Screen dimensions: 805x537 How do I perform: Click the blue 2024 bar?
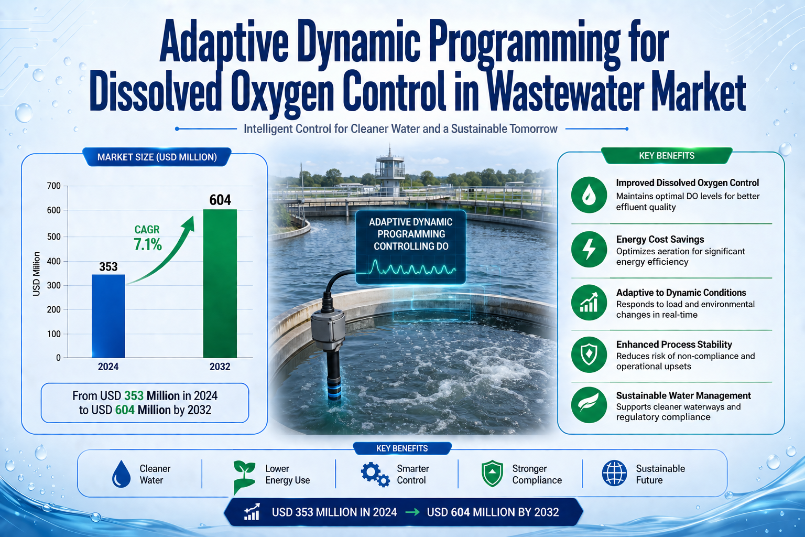pyautogui.click(x=108, y=316)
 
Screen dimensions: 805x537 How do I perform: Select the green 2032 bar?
pyautogui.click(x=220, y=283)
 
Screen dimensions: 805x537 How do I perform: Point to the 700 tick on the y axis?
pyautogui.click(x=54, y=186)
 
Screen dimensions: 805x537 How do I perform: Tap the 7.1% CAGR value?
pyautogui.click(x=148, y=244)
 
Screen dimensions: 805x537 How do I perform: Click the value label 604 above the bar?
pyautogui.click(x=220, y=200)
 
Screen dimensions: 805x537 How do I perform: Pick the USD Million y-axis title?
pyautogui.click(x=36, y=274)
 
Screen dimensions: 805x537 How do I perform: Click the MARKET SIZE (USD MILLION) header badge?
pyautogui.click(x=157, y=157)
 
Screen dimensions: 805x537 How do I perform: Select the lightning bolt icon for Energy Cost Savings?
pyautogui.click(x=589, y=249)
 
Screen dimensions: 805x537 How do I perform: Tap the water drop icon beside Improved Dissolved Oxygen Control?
pyautogui.click(x=589, y=195)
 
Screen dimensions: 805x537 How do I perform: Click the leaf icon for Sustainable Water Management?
pyautogui.click(x=589, y=405)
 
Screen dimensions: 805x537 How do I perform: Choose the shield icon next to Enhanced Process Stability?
pyautogui.click(x=589, y=355)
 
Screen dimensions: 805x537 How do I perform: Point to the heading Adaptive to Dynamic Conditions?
pyautogui.click(x=681, y=293)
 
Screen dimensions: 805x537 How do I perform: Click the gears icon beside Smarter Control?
pyautogui.click(x=375, y=475)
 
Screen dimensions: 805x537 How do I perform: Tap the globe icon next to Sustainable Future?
pyautogui.click(x=615, y=473)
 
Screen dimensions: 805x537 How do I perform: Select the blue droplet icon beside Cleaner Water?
pyautogui.click(x=121, y=474)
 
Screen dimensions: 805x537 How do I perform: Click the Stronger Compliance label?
pyautogui.click(x=537, y=475)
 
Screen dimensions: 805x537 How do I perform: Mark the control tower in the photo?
pyautogui.click(x=389, y=171)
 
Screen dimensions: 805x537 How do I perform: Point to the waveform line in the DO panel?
pyautogui.click(x=411, y=268)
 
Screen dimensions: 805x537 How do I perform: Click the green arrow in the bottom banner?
pyautogui.click(x=412, y=512)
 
